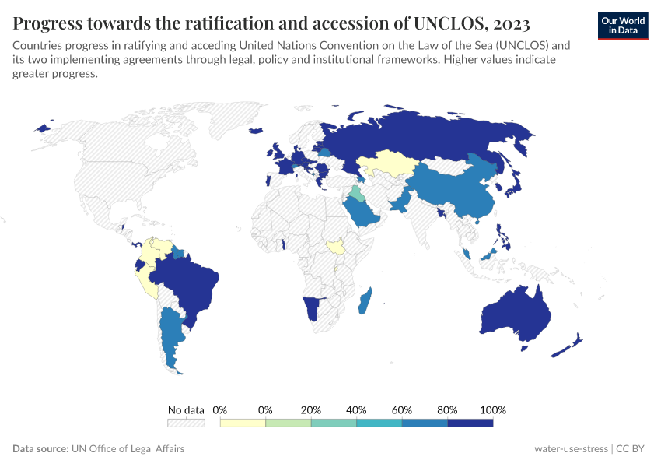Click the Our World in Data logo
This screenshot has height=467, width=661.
(623, 25)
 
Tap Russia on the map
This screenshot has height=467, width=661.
(435, 136)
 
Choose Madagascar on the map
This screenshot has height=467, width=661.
(366, 301)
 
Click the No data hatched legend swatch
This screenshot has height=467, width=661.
(186, 423)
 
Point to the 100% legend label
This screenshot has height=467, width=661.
(493, 410)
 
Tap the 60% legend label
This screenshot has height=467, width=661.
(402, 410)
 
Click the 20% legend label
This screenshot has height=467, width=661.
(311, 410)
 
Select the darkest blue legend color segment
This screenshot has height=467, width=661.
(470, 423)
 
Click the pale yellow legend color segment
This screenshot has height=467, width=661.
(243, 423)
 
